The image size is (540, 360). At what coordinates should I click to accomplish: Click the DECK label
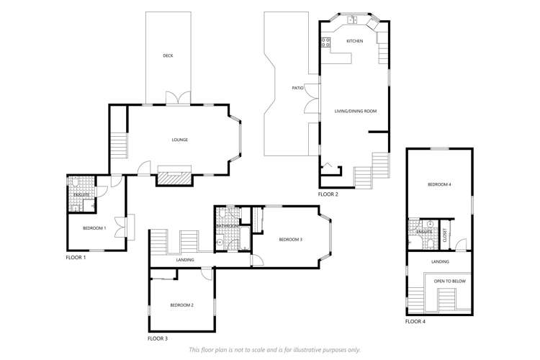168,55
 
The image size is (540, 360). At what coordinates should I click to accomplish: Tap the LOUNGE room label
179,140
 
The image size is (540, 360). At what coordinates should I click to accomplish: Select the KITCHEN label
355,41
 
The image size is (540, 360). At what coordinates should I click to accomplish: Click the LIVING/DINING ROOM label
356,111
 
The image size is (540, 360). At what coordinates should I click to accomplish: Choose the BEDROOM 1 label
94,228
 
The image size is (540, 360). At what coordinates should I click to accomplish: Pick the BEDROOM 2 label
181,305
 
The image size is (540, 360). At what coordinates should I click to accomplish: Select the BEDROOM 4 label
439,185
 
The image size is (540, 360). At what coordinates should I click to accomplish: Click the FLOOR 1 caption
76,257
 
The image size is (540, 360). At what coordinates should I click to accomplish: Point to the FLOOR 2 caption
328,194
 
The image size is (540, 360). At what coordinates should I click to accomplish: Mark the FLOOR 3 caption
158,338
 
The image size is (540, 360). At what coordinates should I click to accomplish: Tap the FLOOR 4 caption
415,321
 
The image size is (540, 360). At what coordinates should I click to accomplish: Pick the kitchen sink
352,20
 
